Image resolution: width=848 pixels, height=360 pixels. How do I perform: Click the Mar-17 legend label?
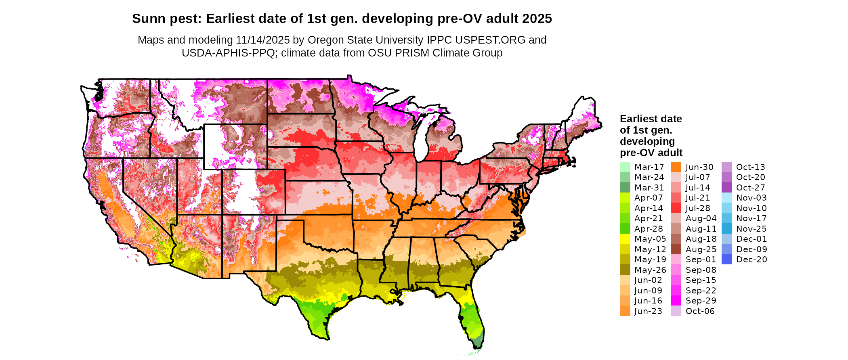tap(649, 167)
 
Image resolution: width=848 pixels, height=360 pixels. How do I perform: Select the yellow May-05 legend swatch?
tap(625, 239)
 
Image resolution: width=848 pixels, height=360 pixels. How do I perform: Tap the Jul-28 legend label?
tap(698, 208)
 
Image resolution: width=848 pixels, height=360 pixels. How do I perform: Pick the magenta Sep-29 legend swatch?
tap(676, 301)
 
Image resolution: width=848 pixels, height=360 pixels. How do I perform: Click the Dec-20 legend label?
tap(751, 260)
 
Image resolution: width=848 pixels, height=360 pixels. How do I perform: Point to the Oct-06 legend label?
tap(700, 311)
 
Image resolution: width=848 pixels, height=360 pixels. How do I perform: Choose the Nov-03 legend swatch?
tap(726, 198)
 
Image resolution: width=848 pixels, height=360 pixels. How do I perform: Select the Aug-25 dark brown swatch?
tap(676, 249)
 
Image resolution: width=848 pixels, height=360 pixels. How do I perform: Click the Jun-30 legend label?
tap(699, 167)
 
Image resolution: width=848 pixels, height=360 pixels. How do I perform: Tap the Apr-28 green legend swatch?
tap(625, 229)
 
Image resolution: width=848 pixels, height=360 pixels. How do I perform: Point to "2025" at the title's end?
tap(537, 19)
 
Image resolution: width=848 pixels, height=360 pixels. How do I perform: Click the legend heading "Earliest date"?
tap(651, 119)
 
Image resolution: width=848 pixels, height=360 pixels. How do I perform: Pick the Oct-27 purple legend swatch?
tap(726, 188)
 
